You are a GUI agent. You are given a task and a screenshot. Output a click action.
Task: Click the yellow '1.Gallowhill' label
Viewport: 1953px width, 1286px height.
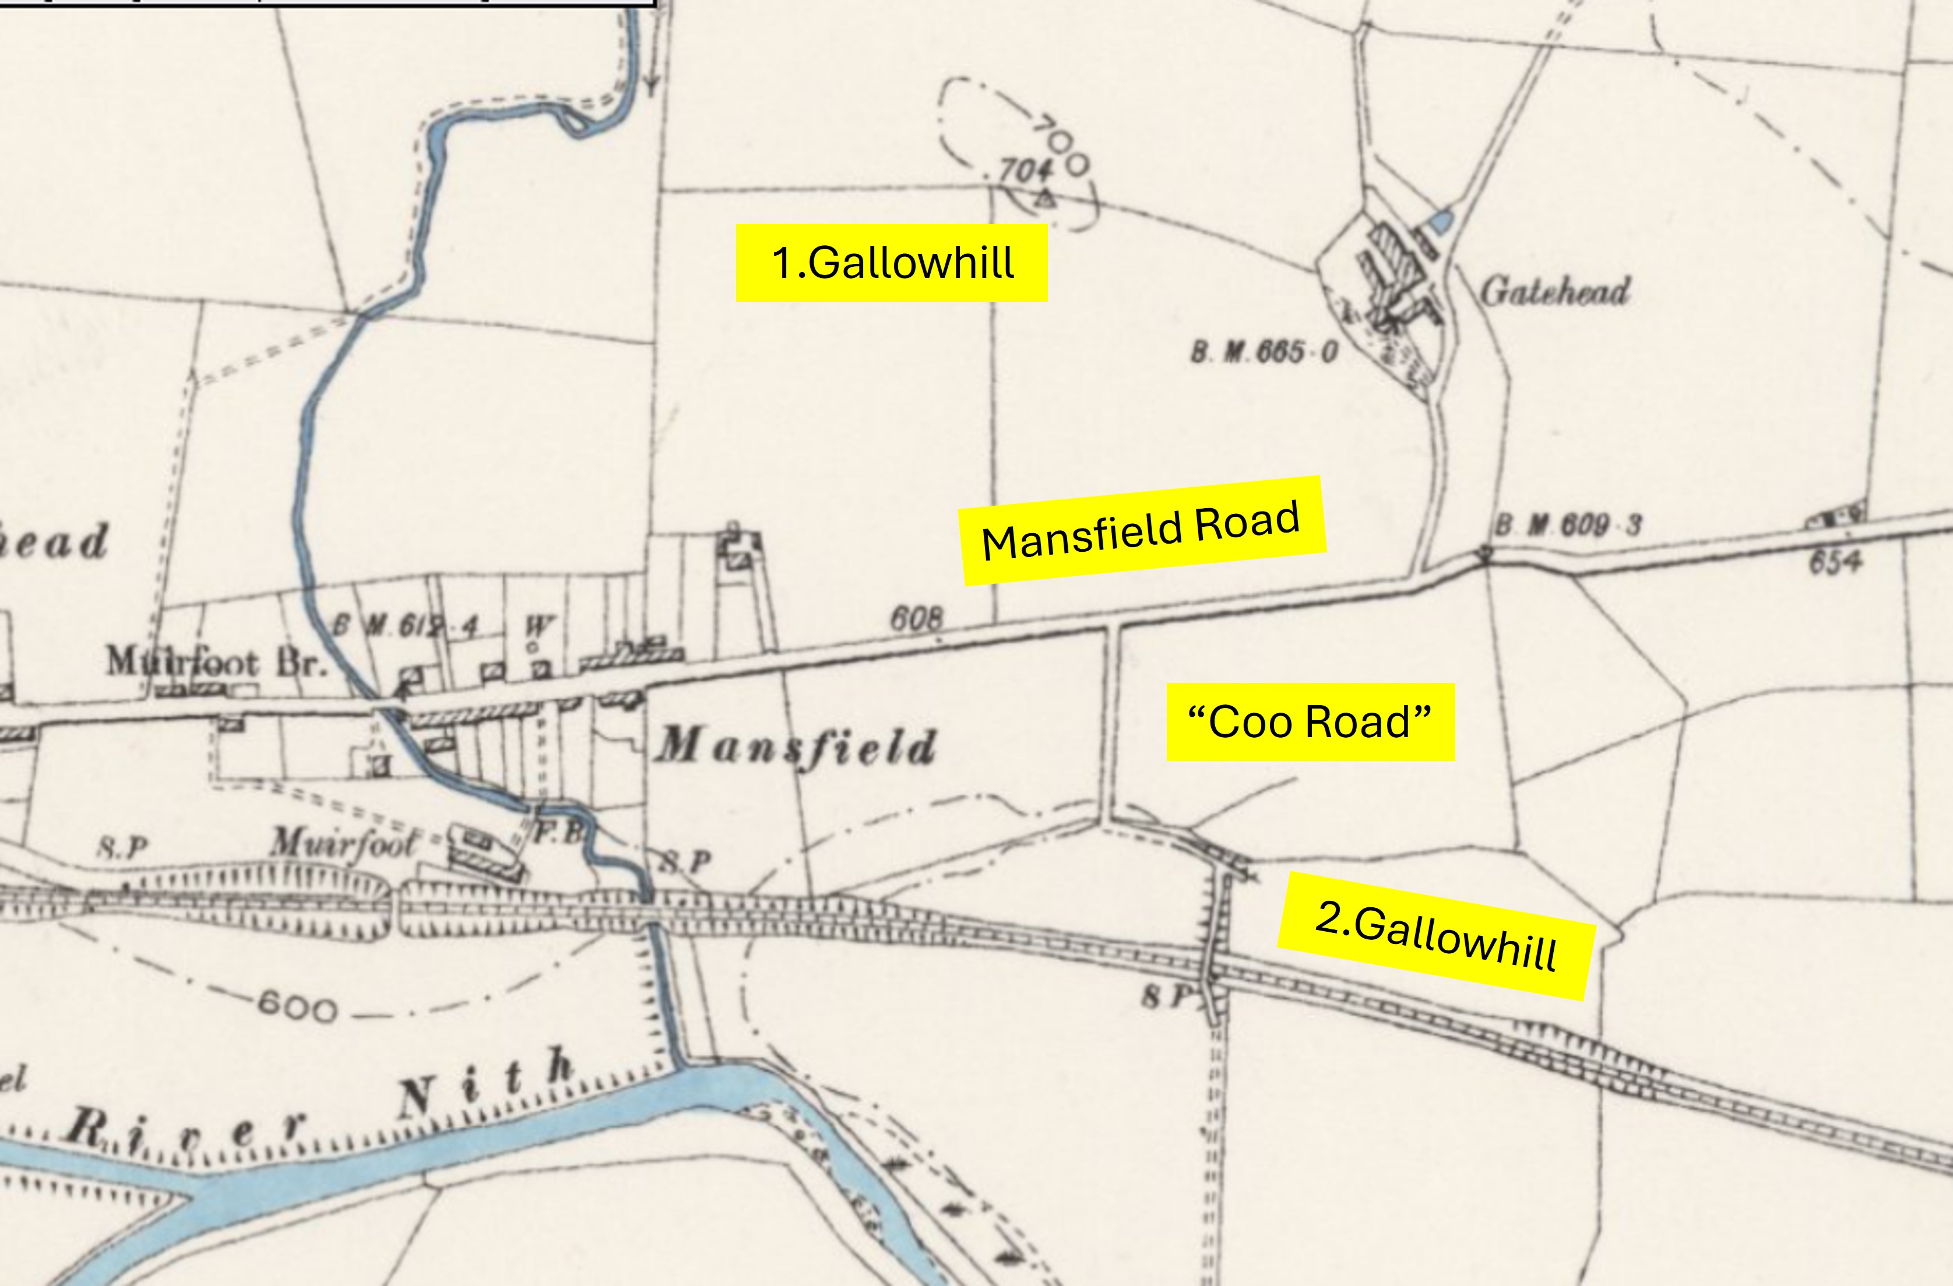[x=891, y=263]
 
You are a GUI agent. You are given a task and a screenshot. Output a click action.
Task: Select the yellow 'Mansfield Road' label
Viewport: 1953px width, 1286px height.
[x=1142, y=530]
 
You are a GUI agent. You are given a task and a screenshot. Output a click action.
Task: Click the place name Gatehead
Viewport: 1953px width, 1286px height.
[x=1554, y=291]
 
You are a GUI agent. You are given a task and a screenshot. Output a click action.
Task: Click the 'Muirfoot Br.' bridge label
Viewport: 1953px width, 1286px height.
[x=216, y=661]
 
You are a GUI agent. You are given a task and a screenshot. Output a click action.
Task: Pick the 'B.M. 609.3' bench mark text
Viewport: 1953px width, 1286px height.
[x=1567, y=525]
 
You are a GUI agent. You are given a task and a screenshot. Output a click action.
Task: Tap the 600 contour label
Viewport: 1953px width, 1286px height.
[x=297, y=1007]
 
